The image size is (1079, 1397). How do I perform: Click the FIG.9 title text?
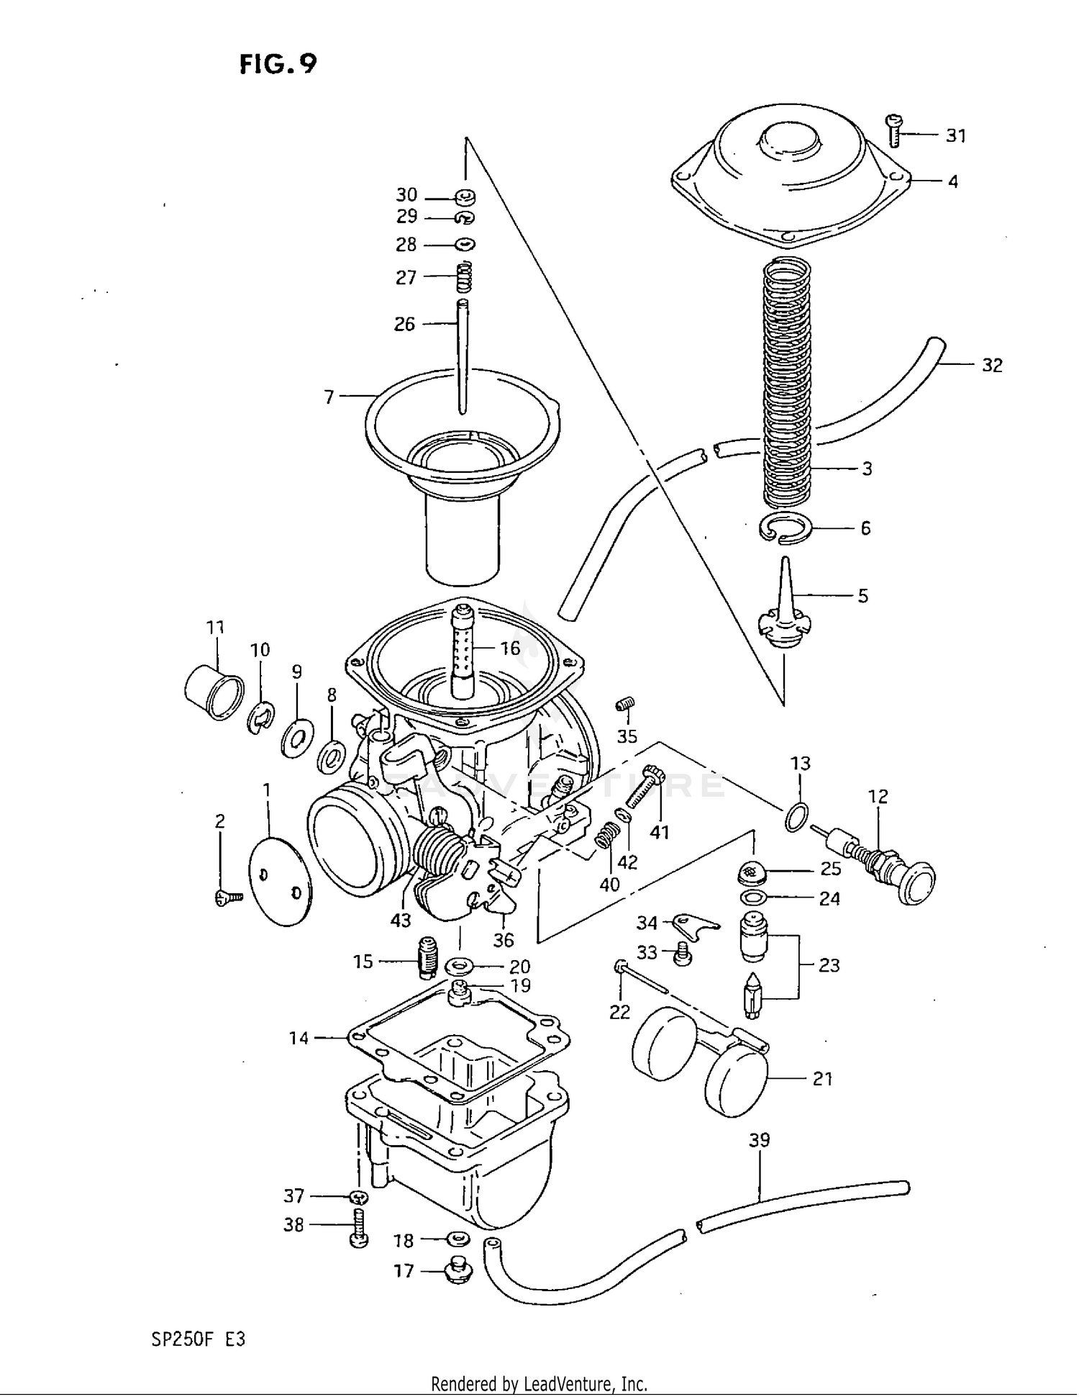[x=278, y=65]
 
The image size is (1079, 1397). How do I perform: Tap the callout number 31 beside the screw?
[x=955, y=135]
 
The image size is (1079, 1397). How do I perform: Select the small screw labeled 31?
[x=893, y=131]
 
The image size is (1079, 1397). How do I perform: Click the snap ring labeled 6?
[x=785, y=530]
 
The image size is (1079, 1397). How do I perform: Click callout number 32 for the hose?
[x=992, y=366]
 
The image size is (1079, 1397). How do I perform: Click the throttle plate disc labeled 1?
[x=280, y=882]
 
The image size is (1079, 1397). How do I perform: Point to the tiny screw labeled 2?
[x=229, y=896]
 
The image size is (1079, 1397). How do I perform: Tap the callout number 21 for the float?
[x=822, y=1078]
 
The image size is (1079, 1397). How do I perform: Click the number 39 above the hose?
[x=759, y=1140]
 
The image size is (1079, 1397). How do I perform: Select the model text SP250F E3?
[x=199, y=1339]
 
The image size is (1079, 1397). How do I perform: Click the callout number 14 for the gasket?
[x=299, y=1038]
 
